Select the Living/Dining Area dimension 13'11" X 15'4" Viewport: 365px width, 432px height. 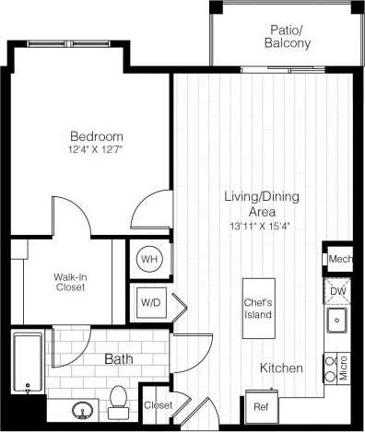tap(248, 226)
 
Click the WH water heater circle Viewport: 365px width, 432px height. tap(149, 260)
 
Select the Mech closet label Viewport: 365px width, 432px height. tap(340, 260)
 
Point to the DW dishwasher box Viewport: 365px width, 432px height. tap(339, 291)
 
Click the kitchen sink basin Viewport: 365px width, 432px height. tap(336, 321)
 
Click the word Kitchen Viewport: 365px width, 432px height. tap(281, 368)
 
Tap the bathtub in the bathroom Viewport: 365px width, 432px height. tap(28, 361)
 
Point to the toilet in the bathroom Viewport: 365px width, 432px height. tap(117, 398)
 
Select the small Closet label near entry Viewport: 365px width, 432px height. tap(157, 403)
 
